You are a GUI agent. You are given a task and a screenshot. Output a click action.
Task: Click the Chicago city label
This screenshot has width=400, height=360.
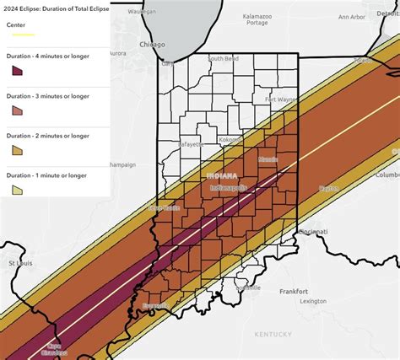(153, 45)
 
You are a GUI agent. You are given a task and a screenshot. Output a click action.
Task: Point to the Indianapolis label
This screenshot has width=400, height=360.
(228, 187)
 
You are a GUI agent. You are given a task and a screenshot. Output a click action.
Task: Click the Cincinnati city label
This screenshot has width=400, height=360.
(312, 230)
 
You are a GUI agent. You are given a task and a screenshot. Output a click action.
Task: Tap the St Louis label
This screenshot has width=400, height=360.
(20, 263)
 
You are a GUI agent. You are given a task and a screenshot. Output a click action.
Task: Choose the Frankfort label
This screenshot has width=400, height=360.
(294, 291)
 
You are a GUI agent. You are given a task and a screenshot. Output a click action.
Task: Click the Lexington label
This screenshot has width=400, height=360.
(312, 301)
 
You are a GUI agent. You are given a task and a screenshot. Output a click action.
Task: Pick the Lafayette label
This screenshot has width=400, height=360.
(191, 144)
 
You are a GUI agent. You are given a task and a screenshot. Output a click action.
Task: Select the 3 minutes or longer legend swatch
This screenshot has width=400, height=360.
(17, 112)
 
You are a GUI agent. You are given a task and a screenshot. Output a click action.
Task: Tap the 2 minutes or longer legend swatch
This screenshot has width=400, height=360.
(17, 151)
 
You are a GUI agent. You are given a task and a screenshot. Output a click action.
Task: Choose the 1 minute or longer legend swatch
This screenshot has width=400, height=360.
(17, 190)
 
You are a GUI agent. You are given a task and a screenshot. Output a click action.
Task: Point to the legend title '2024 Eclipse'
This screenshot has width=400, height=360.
(56, 9)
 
